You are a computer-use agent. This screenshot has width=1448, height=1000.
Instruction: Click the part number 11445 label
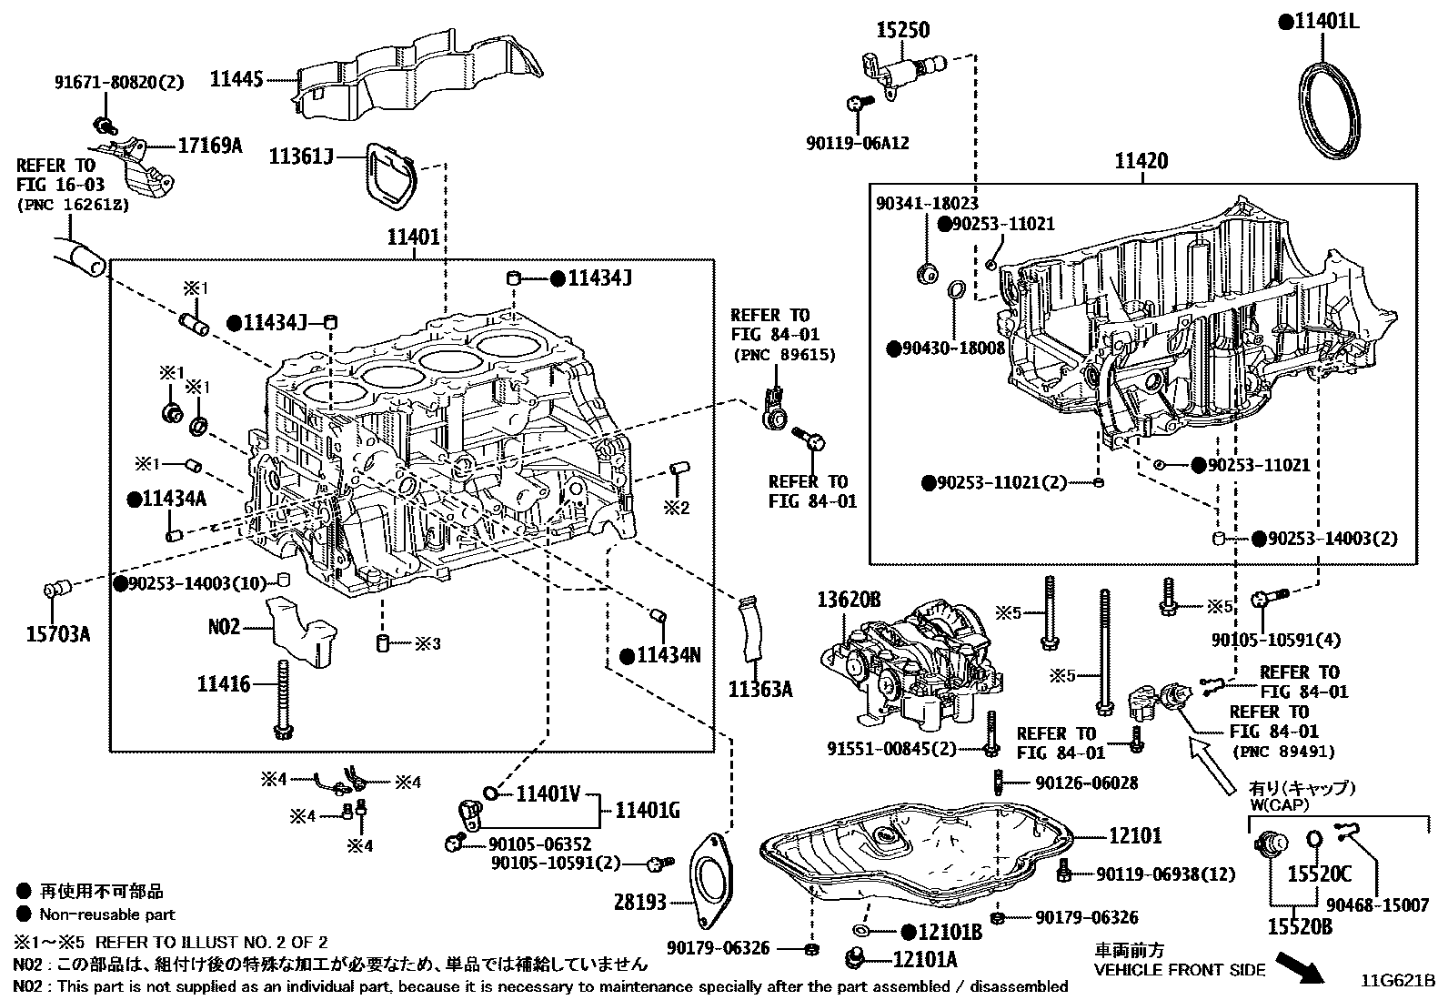236,79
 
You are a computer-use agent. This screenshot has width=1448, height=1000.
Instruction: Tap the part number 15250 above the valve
902,30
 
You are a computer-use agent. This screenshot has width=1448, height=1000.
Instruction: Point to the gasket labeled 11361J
390,178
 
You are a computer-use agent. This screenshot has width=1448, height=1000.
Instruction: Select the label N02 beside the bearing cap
223,627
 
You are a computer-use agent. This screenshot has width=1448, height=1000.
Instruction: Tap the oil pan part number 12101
1134,835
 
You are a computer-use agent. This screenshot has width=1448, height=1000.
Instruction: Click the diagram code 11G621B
1397,981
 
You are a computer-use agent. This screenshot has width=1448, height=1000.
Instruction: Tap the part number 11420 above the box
1141,161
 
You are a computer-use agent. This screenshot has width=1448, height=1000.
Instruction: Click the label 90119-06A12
857,143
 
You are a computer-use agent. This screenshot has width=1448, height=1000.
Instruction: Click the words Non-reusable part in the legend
106,914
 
